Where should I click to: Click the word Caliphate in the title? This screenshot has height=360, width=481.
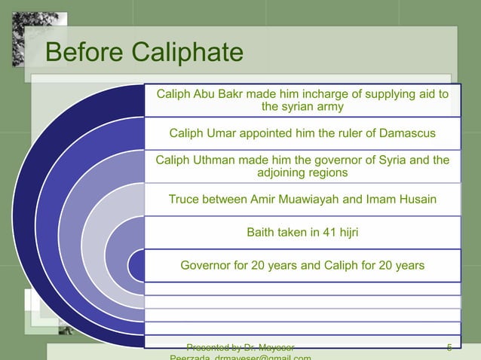tap(187, 53)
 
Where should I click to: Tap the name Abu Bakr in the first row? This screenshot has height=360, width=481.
tap(213, 94)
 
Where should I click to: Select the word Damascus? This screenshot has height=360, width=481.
tap(405, 134)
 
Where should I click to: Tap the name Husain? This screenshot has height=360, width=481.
tap(417, 200)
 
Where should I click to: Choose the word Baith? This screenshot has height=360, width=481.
tap(262, 233)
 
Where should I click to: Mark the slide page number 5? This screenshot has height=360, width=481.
tap(449, 347)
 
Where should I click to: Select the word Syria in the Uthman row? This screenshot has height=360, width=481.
tap(393, 160)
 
